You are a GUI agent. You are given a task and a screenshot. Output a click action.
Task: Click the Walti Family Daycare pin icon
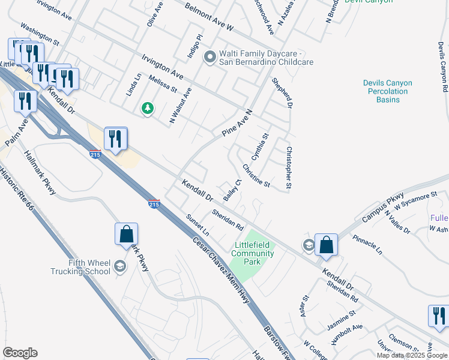[x=209, y=58]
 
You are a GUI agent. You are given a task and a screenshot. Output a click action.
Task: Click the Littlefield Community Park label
[x=253, y=254]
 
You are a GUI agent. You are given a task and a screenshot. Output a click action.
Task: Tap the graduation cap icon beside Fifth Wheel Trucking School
[x=120, y=266]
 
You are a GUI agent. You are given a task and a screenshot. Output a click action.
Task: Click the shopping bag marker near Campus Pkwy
[x=326, y=244]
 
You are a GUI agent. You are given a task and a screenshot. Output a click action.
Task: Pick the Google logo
[x=20, y=353]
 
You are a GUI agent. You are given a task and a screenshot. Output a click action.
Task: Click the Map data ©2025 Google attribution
[x=412, y=355]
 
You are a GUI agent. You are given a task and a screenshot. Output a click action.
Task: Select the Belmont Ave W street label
[x=208, y=17]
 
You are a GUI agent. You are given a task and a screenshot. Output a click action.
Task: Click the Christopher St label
[x=289, y=169]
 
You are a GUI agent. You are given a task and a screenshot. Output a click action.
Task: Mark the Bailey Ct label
[x=232, y=190]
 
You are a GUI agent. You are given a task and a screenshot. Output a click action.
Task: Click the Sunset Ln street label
[x=197, y=225]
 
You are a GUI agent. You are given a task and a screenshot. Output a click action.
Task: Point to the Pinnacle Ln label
[x=367, y=242]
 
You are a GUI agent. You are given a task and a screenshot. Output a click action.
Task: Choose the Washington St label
[x=40, y=35]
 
